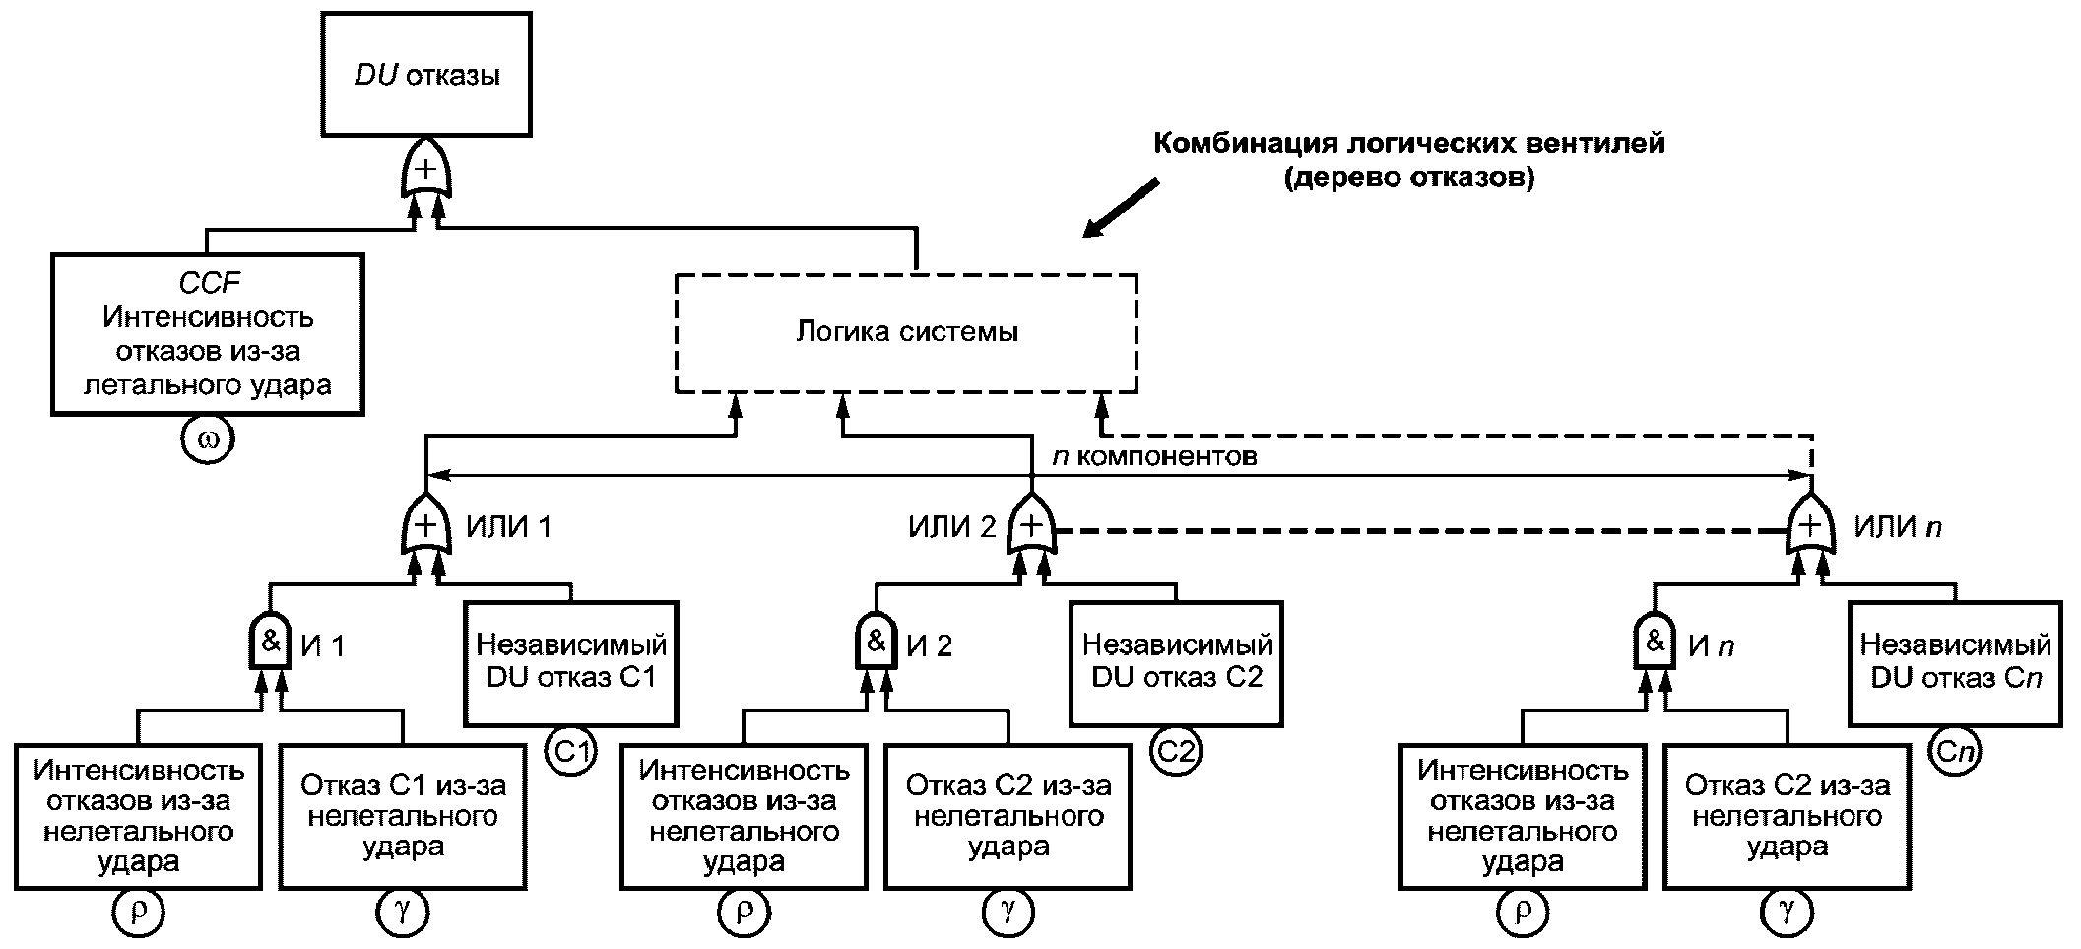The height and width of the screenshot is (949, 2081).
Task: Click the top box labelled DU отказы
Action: point(425,75)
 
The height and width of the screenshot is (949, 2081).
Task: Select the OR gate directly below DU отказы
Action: point(425,171)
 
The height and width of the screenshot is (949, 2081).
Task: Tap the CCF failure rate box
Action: point(208,334)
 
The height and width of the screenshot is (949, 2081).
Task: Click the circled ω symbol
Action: point(208,439)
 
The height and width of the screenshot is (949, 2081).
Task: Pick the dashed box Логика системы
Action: point(906,332)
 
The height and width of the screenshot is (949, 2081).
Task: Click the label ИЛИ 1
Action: point(508,527)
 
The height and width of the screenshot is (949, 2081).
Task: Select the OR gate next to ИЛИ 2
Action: point(1031,527)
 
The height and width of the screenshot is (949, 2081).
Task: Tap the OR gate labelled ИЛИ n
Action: point(1810,527)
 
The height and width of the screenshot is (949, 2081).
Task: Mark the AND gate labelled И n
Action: point(1655,643)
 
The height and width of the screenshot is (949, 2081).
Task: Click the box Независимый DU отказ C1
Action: point(571,662)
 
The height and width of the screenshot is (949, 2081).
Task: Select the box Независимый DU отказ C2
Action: point(1177,662)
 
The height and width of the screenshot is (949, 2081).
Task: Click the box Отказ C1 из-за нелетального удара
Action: point(403,816)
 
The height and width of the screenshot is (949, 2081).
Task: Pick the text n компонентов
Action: point(1154,457)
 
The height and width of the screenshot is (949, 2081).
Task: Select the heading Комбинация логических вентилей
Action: point(1408,144)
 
